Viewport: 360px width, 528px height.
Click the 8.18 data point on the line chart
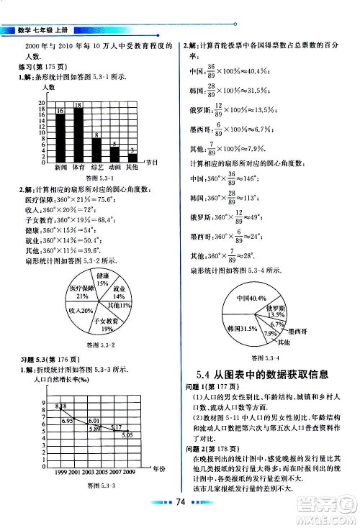point(60,407)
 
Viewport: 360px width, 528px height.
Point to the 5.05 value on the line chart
point(126,435)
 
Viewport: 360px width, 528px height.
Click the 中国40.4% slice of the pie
point(263,297)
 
